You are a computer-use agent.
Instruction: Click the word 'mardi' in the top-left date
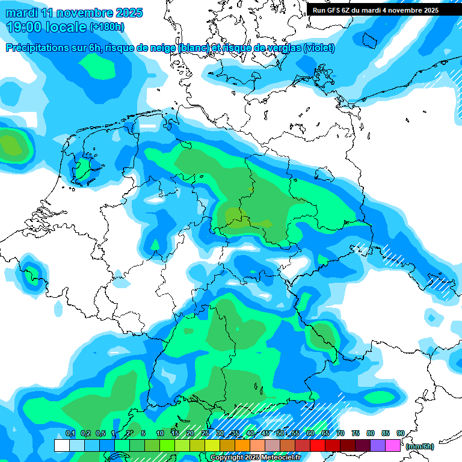pyautogui.click(x=22, y=13)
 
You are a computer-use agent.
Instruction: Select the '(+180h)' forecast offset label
pyautogui.click(x=107, y=27)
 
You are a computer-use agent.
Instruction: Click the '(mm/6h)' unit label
pyautogui.click(x=419, y=446)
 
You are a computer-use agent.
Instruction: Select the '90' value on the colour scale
pyautogui.click(x=400, y=433)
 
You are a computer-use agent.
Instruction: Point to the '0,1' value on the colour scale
pyautogui.click(x=70, y=433)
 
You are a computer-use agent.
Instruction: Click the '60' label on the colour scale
pyautogui.click(x=310, y=433)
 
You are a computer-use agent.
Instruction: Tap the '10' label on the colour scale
pyautogui.click(x=160, y=433)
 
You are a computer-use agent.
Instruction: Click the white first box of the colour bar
pyautogui.click(x=61, y=446)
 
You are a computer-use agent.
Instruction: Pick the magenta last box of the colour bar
pyautogui.click(x=393, y=446)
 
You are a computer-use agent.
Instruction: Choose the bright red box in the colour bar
pyautogui.click(x=318, y=446)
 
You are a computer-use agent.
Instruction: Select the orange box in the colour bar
pyautogui.click(x=242, y=446)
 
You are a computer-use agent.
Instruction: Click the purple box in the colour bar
pyautogui.click(x=378, y=446)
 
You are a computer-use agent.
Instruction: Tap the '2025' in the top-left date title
pyautogui.click(x=127, y=13)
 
